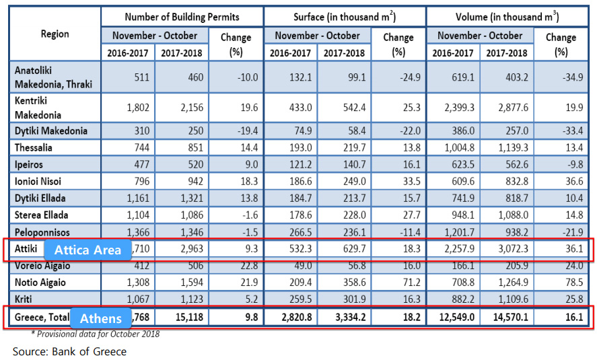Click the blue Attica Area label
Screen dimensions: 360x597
coord(87,250)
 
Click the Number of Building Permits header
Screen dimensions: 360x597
coord(182,16)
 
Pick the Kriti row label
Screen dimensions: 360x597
coord(25,299)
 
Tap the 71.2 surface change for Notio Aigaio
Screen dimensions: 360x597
coord(408,283)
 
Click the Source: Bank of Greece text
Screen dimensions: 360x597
coord(69,351)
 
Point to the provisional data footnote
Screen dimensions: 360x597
coord(96,334)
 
